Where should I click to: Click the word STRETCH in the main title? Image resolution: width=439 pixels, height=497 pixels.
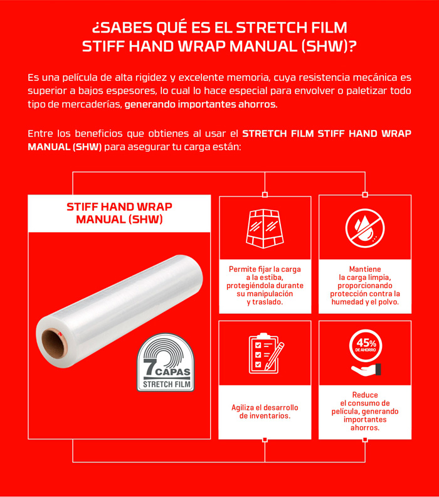point(271,28)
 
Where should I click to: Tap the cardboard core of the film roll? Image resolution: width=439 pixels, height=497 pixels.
point(53,344)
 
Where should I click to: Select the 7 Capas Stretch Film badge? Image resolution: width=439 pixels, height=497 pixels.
point(166,362)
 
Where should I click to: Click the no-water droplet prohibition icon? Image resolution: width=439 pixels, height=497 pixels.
point(365,228)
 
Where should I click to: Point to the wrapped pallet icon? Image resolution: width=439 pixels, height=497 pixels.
point(265,228)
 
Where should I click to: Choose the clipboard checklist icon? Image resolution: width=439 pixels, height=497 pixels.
point(266,353)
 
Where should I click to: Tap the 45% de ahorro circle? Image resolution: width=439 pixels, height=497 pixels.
point(366,346)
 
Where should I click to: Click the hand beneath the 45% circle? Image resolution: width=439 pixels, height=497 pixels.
point(366,370)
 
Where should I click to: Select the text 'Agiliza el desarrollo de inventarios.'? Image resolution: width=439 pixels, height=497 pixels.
point(265,412)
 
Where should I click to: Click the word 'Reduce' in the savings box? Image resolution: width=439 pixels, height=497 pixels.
point(365,395)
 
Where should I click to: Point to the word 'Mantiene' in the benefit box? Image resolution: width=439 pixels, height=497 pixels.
point(365,269)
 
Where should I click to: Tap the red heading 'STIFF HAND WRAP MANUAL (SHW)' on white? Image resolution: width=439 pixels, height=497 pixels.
point(119,213)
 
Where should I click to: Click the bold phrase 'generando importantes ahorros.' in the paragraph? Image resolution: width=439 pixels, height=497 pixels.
point(201,104)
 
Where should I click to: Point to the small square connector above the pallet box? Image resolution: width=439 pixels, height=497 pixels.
point(265,195)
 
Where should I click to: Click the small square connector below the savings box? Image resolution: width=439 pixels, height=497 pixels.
point(365,440)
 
